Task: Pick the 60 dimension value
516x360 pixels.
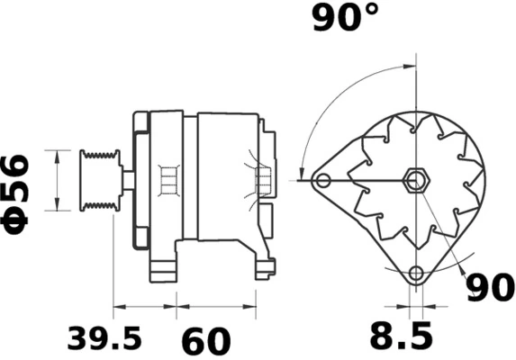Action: [x=206, y=342]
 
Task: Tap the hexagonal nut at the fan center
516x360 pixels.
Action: [x=415, y=180]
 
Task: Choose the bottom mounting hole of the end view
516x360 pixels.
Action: [x=415, y=273]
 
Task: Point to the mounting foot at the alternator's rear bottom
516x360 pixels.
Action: [x=265, y=265]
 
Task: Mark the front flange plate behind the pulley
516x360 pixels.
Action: [x=140, y=180]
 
